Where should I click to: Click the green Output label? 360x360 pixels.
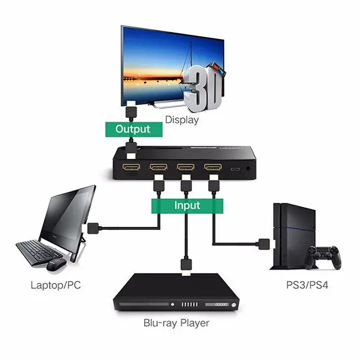[132, 128]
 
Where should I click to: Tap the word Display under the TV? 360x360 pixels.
[181, 119]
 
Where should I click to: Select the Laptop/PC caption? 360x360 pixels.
[55, 285]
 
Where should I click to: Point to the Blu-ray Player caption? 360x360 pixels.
[176, 323]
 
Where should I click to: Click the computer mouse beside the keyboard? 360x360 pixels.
[56, 263]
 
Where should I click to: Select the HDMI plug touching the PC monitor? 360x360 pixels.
[93, 227]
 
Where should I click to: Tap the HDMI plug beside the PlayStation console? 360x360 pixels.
[262, 244]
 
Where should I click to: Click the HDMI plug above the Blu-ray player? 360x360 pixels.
[185, 265]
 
